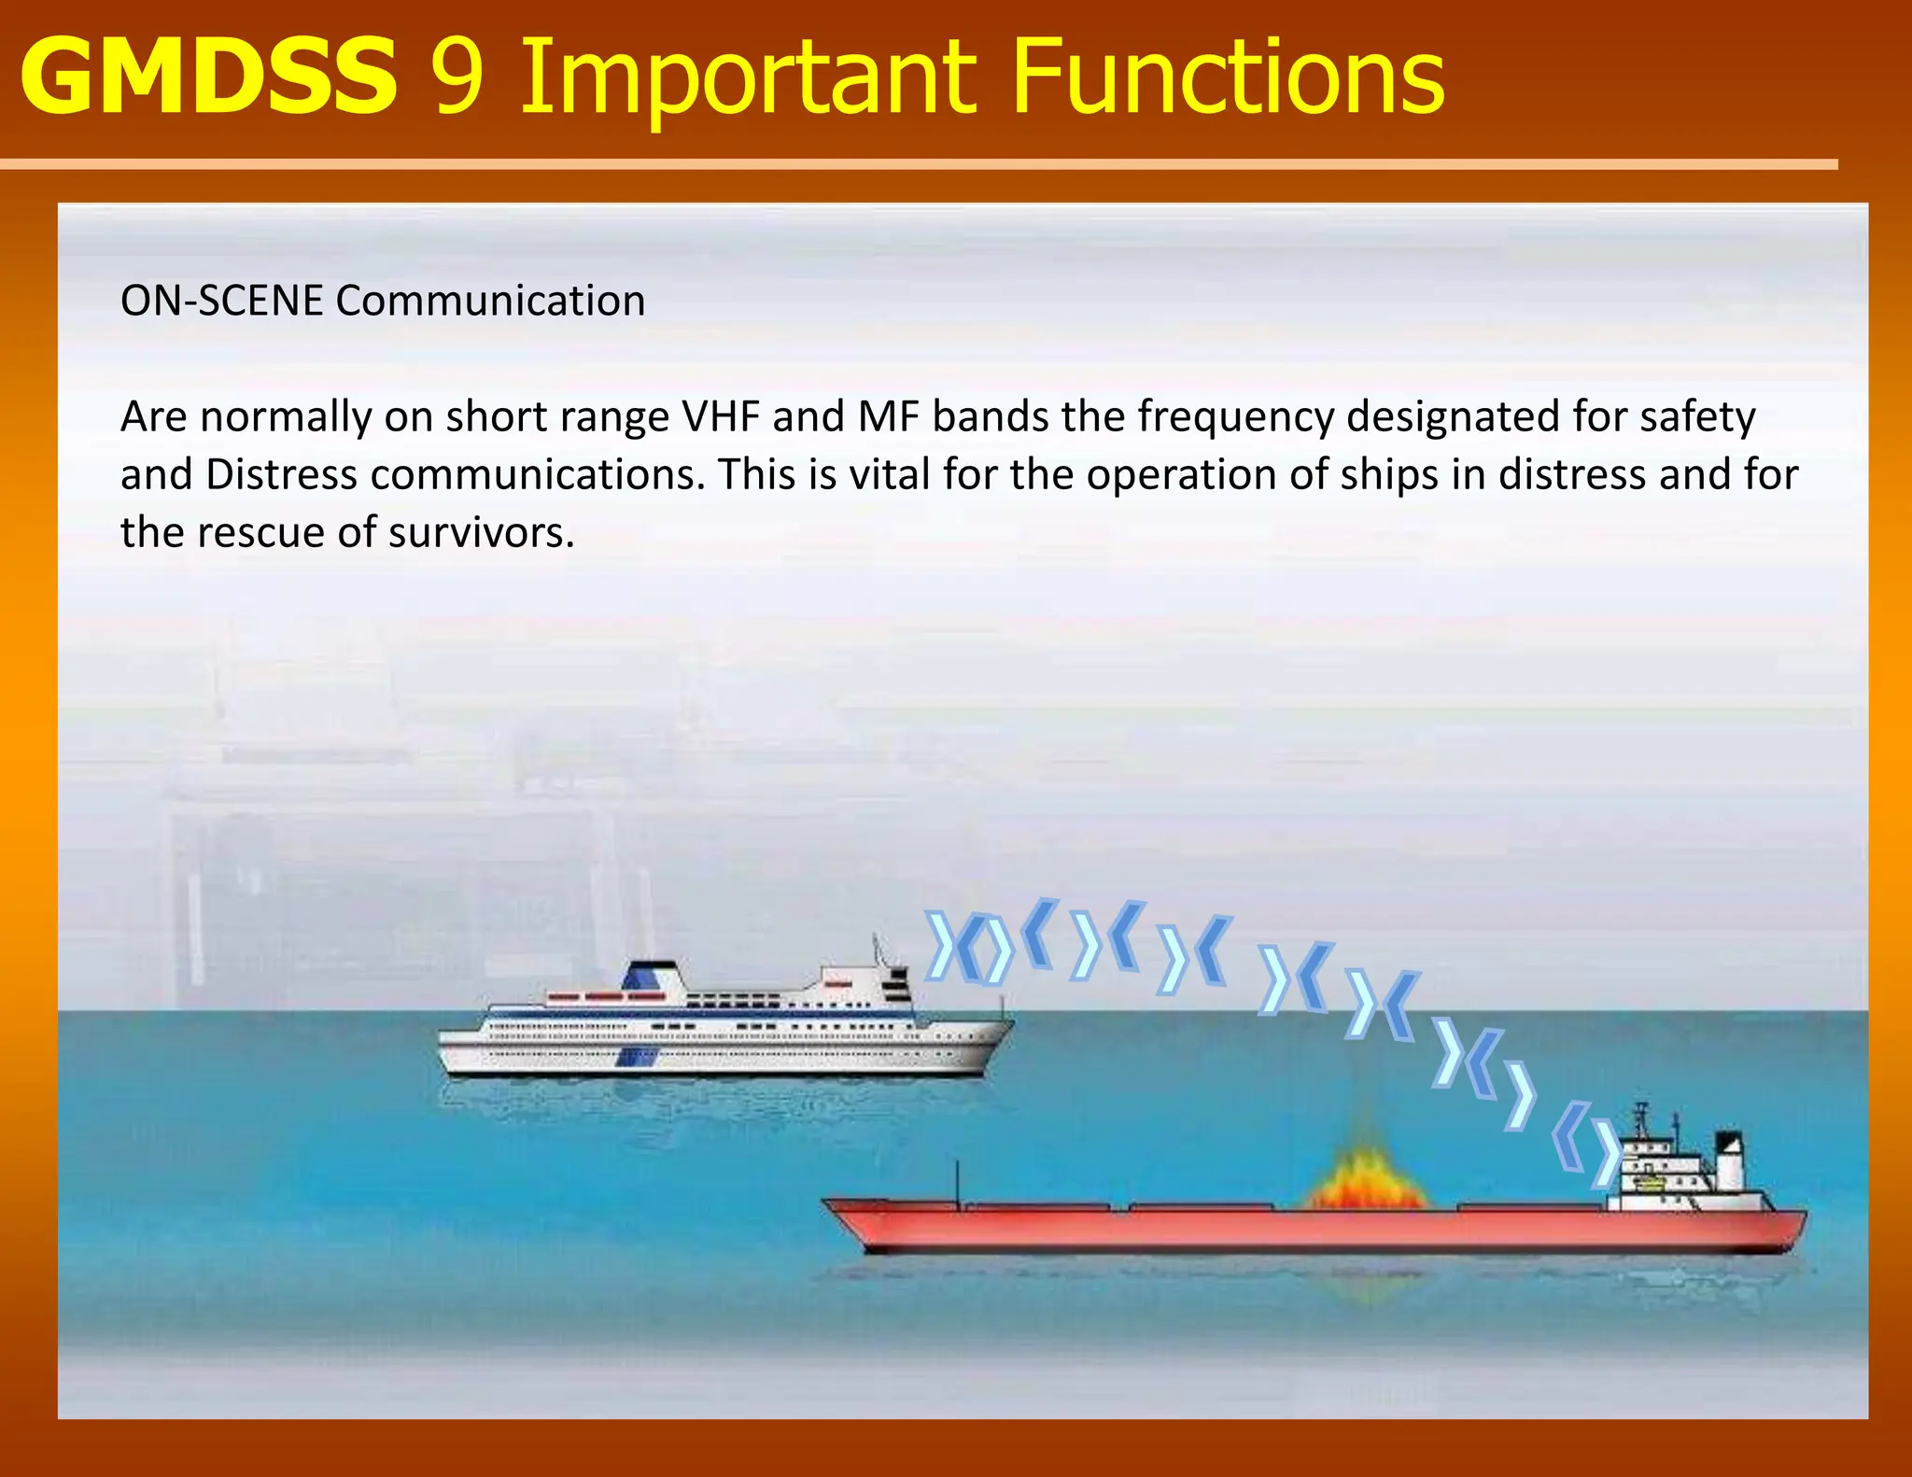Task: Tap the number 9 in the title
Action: (457, 78)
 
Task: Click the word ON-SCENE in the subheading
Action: (222, 302)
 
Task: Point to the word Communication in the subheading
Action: (490, 302)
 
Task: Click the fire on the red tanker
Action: (1365, 1181)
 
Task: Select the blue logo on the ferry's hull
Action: (637, 1057)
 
